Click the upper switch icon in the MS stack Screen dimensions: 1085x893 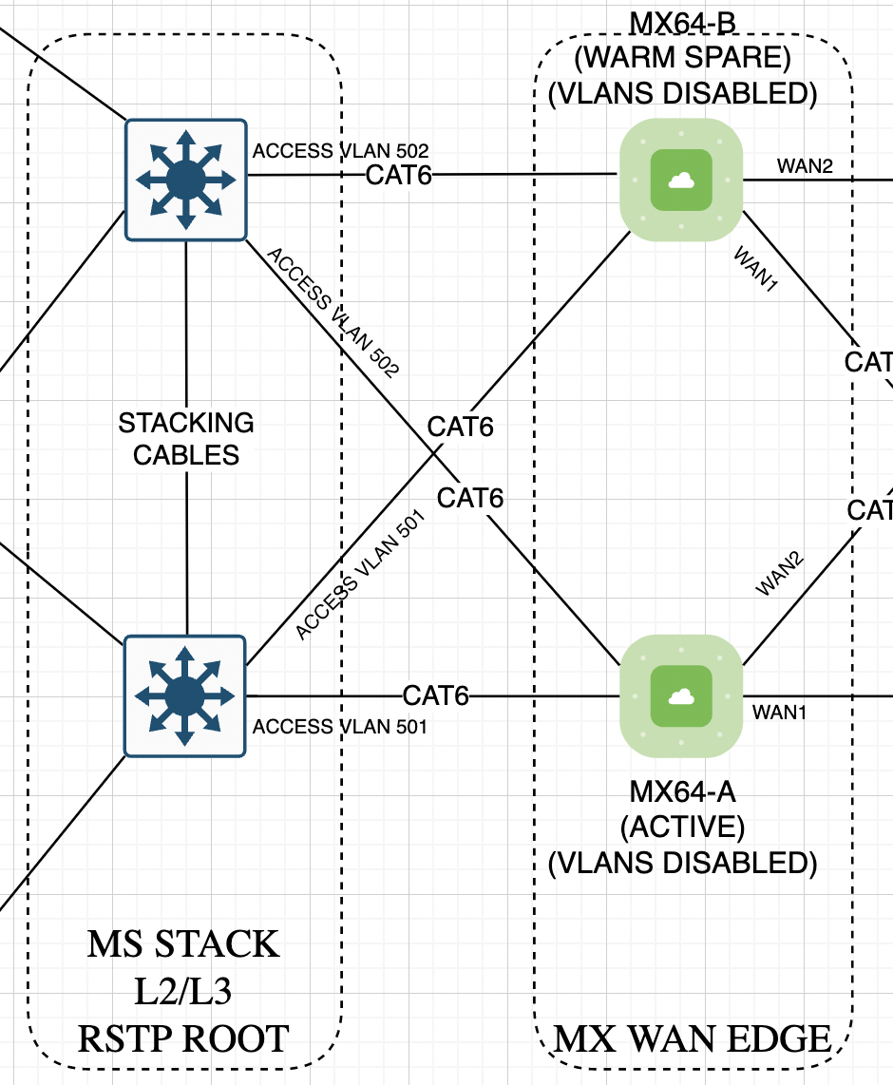(x=185, y=180)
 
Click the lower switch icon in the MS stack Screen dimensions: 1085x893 (x=185, y=696)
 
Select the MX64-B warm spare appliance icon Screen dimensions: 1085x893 (x=680, y=180)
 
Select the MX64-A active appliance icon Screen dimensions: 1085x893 (x=680, y=697)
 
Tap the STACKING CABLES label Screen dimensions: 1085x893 (x=186, y=438)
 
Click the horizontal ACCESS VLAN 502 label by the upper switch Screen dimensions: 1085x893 (x=341, y=151)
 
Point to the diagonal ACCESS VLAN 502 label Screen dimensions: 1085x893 (x=332, y=314)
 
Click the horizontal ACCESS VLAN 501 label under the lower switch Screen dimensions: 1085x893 (x=339, y=727)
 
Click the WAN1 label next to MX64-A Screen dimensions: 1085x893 (x=779, y=712)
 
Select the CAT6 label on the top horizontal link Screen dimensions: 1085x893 (x=399, y=175)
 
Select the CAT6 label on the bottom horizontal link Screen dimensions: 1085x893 (x=436, y=695)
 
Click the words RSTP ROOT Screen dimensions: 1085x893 (x=183, y=1038)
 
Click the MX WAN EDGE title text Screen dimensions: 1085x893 (x=693, y=1039)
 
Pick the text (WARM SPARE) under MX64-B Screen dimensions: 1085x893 (x=682, y=59)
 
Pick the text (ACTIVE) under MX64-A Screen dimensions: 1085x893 (x=682, y=827)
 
